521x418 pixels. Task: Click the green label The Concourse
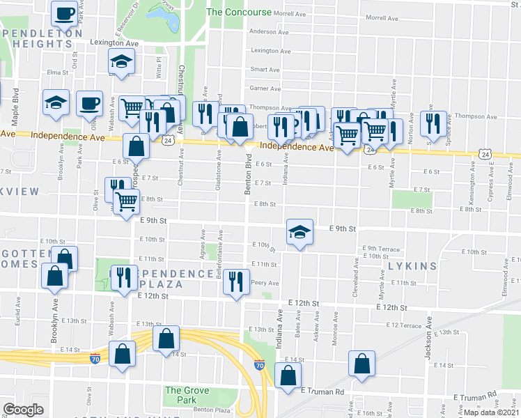click(x=239, y=12)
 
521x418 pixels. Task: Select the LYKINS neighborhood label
click(x=412, y=266)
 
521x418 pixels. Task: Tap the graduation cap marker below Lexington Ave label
click(x=122, y=61)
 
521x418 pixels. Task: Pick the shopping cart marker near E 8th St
click(x=126, y=202)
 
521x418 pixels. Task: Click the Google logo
click(x=22, y=410)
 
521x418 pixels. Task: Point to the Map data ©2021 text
click(x=491, y=412)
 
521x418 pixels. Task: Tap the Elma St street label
click(x=54, y=72)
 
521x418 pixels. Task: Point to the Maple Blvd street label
click(x=15, y=104)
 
